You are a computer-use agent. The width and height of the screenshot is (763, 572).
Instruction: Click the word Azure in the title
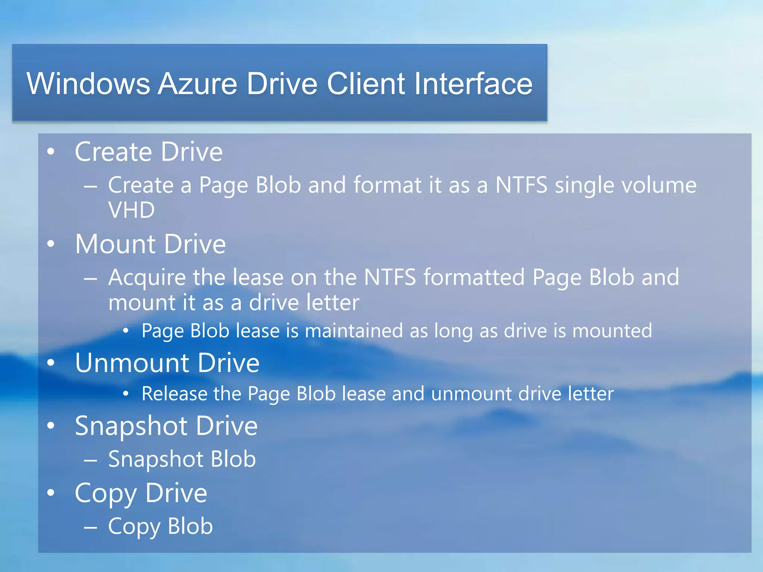pos(197,84)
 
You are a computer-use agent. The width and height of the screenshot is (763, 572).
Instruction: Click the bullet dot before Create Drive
pos(51,152)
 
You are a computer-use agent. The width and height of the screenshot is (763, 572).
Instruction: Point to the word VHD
pos(131,210)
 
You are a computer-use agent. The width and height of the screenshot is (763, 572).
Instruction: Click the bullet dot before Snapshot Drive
pos(51,426)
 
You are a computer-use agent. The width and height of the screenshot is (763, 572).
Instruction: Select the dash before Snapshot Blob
pos(91,460)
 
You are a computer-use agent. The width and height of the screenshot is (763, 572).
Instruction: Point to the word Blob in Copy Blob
pos(190,526)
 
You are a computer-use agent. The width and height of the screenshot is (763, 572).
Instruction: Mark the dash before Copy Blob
pos(91,527)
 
